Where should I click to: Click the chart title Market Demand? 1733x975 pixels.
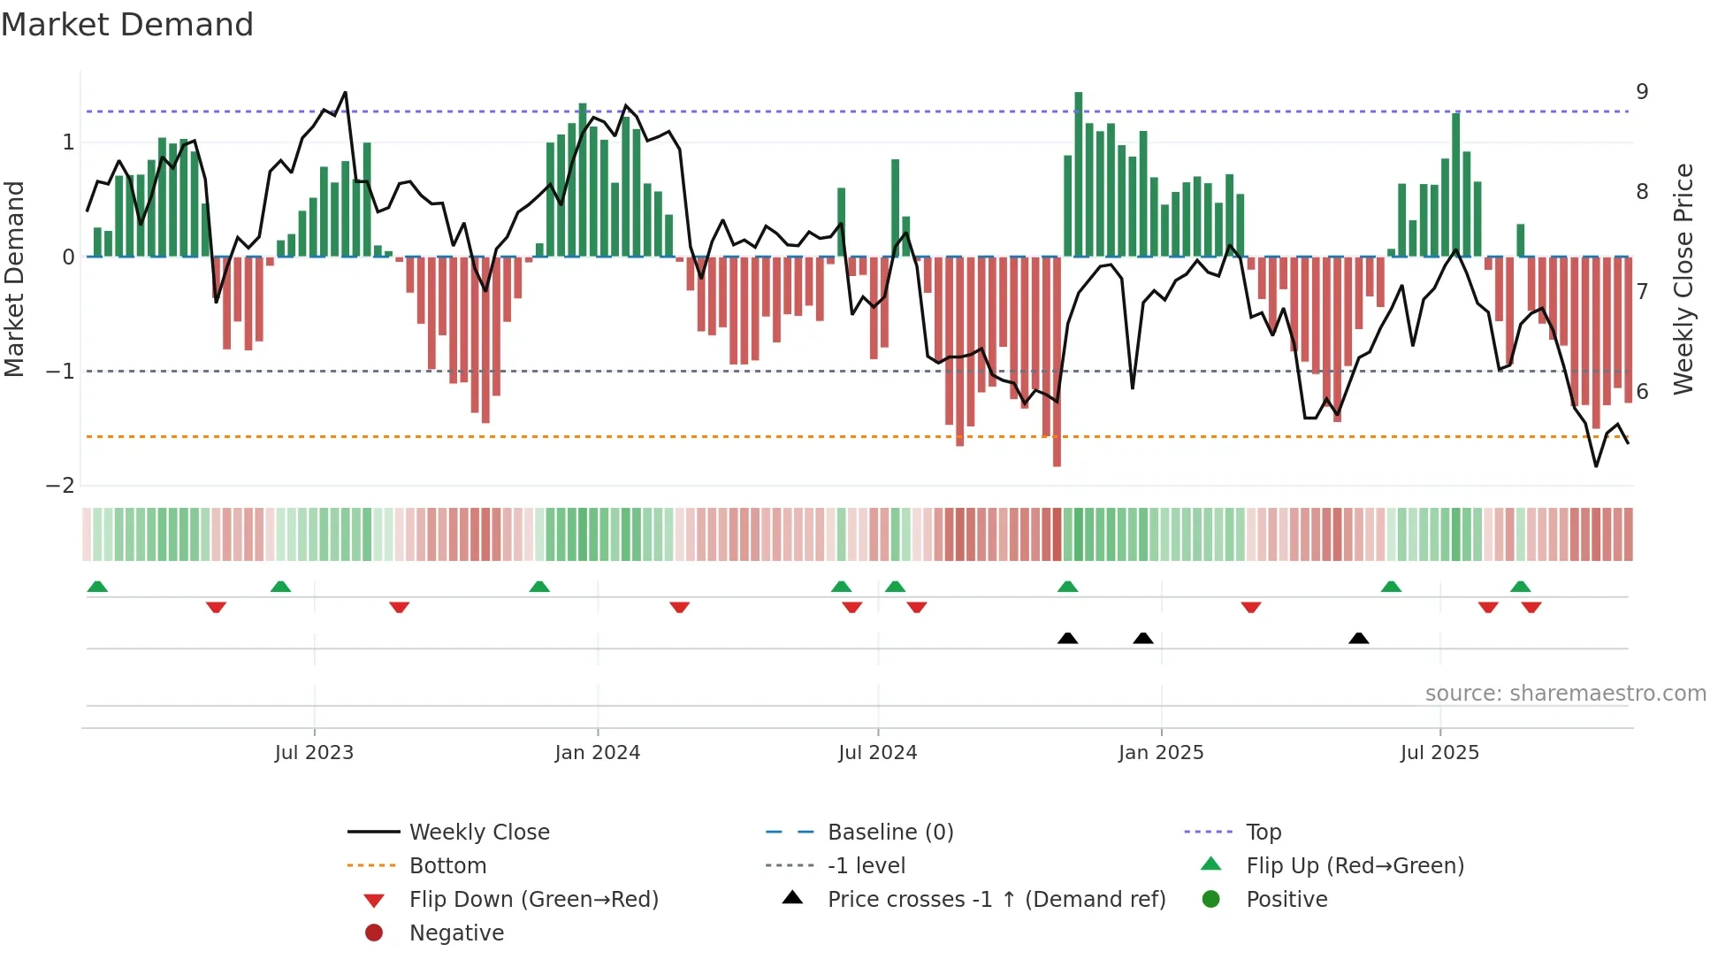tap(127, 25)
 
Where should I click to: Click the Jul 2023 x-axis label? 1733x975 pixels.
tap(314, 753)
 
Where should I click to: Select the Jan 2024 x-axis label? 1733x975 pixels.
tap(598, 753)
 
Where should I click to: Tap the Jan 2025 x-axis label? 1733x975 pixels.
tap(1161, 753)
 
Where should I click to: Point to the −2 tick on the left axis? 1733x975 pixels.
tap(60, 486)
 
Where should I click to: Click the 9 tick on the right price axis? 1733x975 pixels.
tap(1642, 92)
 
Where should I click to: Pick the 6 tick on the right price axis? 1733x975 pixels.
tap(1642, 391)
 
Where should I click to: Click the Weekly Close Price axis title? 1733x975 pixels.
tap(1684, 279)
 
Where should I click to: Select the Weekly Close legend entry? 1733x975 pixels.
tap(478, 833)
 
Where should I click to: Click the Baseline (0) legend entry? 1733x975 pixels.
tap(889, 833)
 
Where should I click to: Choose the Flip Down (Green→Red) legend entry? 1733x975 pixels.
tap(533, 900)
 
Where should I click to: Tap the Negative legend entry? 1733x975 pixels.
tap(456, 933)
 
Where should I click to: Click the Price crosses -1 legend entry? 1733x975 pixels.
tap(996, 900)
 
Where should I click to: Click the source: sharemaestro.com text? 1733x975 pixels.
tap(1565, 694)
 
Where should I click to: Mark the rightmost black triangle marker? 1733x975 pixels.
tap(1359, 639)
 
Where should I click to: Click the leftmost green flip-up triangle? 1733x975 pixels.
tap(97, 587)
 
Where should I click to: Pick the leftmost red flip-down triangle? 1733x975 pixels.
tap(216, 608)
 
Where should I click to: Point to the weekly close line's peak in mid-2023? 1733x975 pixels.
tap(345, 92)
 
